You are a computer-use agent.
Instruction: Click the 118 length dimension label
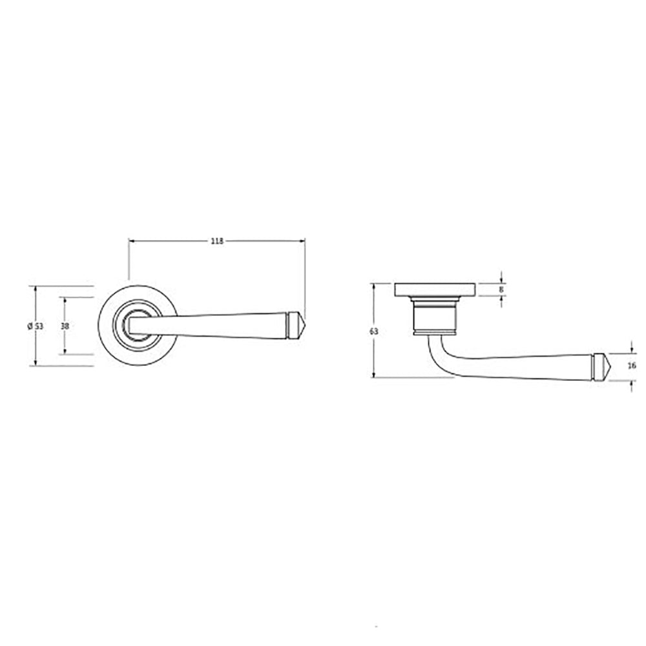pyautogui.click(x=216, y=241)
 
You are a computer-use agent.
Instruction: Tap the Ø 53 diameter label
pyautogui.click(x=36, y=326)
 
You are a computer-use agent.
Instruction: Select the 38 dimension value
pyautogui.click(x=65, y=326)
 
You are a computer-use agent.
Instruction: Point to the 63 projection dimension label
pyautogui.click(x=373, y=331)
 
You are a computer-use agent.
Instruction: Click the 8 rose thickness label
pyautogui.click(x=501, y=289)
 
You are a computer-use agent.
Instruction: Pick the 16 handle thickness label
pyautogui.click(x=632, y=366)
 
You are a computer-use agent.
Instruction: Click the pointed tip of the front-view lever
pyautogui.click(x=304, y=325)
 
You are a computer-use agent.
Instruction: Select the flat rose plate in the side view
pyautogui.click(x=435, y=289)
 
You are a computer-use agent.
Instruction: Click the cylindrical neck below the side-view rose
pyautogui.click(x=435, y=316)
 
